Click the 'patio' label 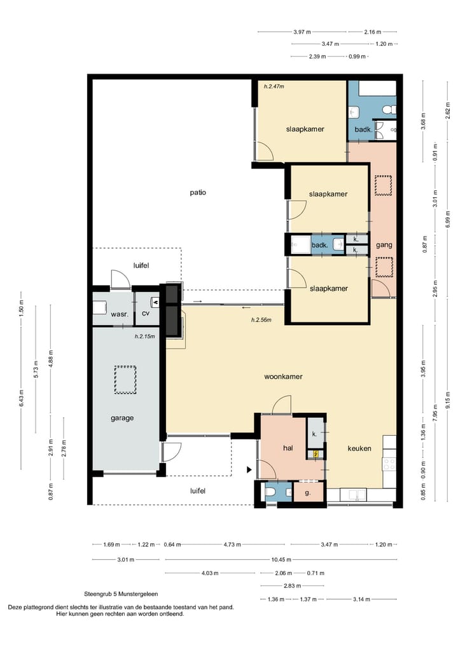(198, 193)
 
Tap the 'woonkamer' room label (284, 377)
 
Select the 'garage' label (122, 418)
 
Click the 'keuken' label (359, 449)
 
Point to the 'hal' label (288, 448)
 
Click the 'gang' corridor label (384, 245)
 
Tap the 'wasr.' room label (120, 314)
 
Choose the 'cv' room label (146, 314)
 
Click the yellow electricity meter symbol (316, 454)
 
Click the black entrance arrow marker (249, 470)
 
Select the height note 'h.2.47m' (274, 87)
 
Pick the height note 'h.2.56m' (261, 320)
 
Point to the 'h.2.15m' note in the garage (145, 337)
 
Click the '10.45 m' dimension (281, 559)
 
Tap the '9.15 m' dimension (448, 400)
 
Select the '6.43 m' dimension (22, 398)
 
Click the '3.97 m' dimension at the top (302, 32)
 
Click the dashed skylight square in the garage (125, 380)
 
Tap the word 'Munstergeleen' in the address (138, 594)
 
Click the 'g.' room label (308, 492)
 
